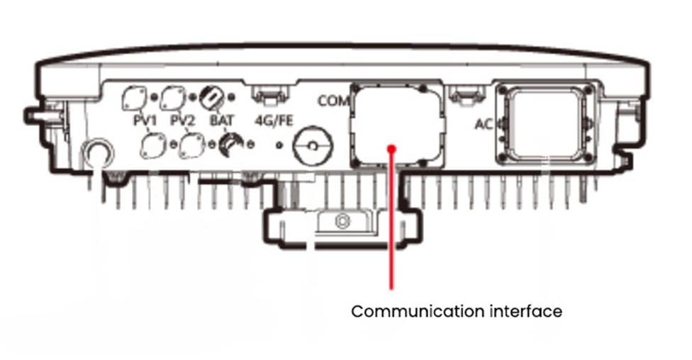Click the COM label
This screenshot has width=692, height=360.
pyautogui.click(x=330, y=101)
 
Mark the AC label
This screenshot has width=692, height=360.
pyautogui.click(x=484, y=125)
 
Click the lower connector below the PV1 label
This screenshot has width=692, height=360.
pyautogui.click(x=152, y=145)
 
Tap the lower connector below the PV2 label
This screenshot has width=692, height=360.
pyautogui.click(x=190, y=145)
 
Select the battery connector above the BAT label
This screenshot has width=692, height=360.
pyautogui.click(x=211, y=95)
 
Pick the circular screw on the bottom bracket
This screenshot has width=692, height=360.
pyautogui.click(x=342, y=223)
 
